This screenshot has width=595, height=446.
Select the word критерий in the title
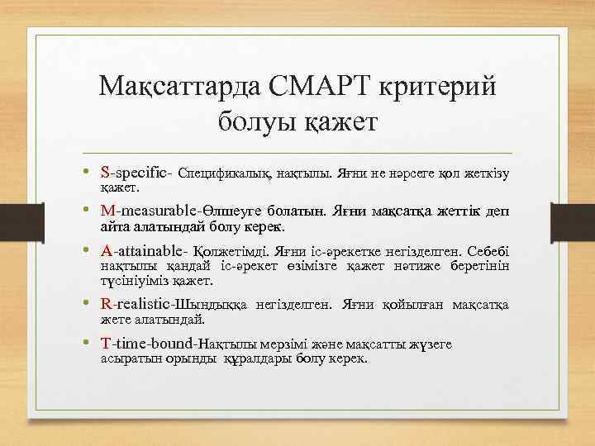(x=442, y=86)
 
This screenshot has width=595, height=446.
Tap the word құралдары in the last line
(x=256, y=360)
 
